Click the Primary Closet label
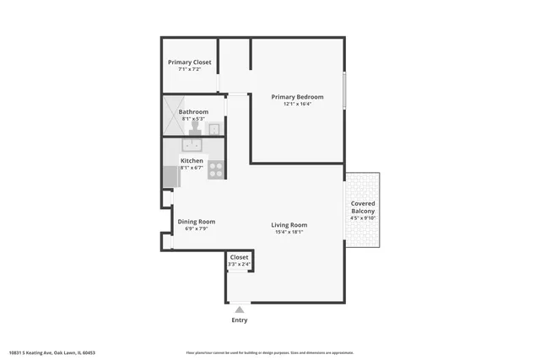point(190,62)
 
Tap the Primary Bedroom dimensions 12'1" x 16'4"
point(297,105)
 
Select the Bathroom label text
point(193,111)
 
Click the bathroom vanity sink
point(215,129)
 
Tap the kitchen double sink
point(193,146)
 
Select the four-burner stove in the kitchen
point(216,169)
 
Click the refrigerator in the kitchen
point(170,177)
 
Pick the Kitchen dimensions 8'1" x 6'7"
point(192,168)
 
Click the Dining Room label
point(191,221)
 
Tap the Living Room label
point(289,225)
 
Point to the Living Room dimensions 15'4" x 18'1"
point(289,233)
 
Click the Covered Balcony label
point(364,207)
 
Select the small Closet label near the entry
point(240,256)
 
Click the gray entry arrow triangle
point(240,310)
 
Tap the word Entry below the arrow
point(240,320)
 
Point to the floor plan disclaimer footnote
point(270,352)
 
